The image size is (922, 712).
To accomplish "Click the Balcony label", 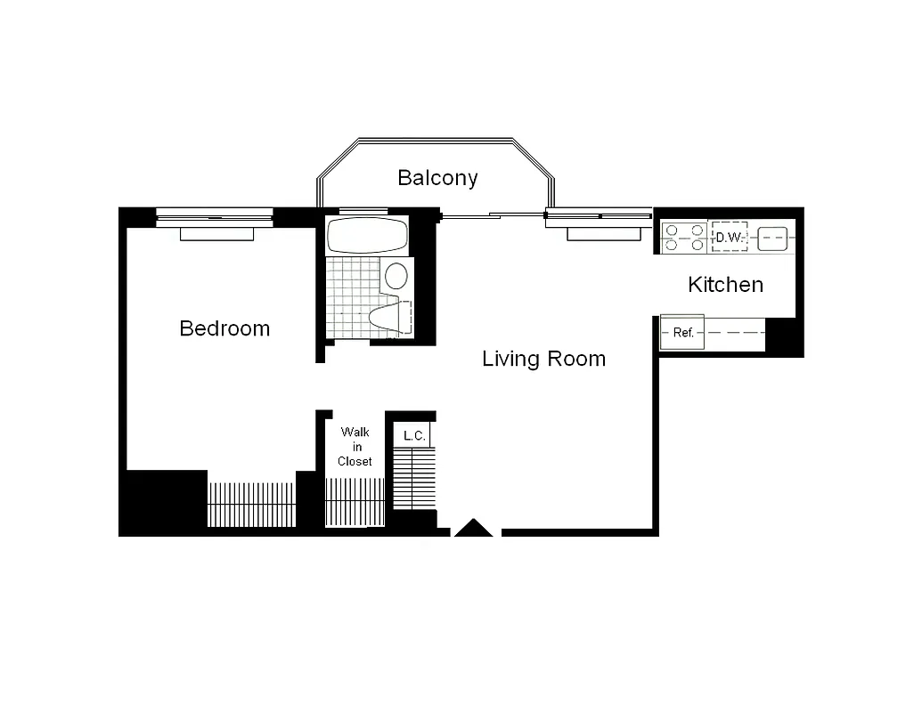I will point(437,178).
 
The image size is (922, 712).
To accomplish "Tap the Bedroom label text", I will point(224,328).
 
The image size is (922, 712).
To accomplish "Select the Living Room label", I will point(543,359).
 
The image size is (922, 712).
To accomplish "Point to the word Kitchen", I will point(725,285).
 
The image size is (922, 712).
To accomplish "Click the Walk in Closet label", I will point(355,447).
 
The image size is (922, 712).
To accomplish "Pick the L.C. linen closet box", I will point(412,435).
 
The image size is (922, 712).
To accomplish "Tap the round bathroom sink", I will point(396,276).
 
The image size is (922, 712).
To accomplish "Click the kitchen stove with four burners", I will point(683,239).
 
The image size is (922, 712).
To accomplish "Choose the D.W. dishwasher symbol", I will point(729,239).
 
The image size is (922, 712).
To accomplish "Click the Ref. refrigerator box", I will point(682,333).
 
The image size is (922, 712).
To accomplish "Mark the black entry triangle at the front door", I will point(473,529).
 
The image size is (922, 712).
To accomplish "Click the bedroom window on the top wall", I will point(214,214).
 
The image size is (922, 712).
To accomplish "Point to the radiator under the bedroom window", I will point(216,233).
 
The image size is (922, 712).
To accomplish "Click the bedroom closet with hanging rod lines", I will point(251,505).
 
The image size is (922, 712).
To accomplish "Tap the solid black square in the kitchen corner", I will point(784,336).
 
